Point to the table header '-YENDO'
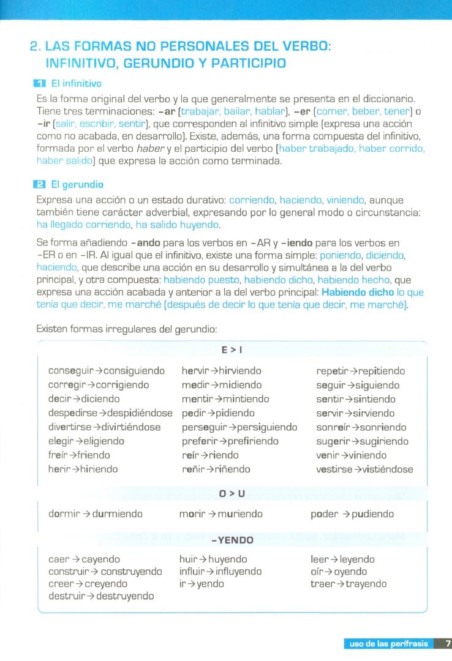point(232,540)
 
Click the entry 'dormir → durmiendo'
point(95,514)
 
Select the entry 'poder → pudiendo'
point(352,514)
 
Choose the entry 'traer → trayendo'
point(348,584)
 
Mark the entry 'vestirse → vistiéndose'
point(364,469)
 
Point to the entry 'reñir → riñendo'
point(216,469)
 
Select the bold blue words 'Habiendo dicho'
point(357,292)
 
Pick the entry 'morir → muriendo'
point(221,514)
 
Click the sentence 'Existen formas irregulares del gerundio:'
point(127,329)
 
